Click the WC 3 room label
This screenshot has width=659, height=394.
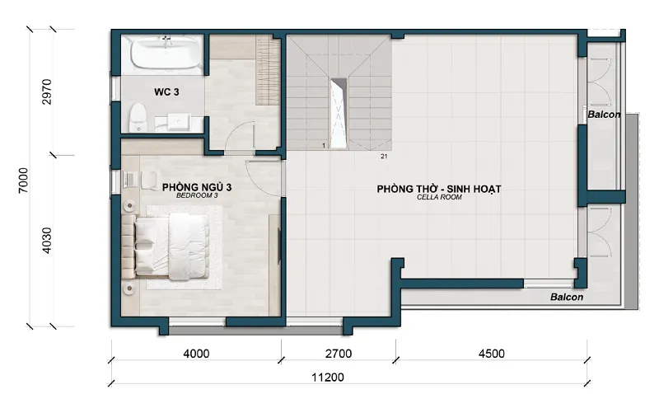(x=166, y=91)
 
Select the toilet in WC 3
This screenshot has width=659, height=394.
(x=138, y=118)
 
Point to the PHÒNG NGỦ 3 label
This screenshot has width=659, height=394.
(x=197, y=187)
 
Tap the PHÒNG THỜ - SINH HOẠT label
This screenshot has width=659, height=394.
(x=439, y=190)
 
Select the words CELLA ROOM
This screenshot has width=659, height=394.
(x=439, y=197)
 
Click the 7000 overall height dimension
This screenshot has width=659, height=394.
(x=24, y=180)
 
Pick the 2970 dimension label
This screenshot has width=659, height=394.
(x=47, y=91)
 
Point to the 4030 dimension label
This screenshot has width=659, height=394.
(x=47, y=240)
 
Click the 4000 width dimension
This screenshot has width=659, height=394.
(x=196, y=354)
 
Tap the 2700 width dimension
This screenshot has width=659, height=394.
(x=339, y=354)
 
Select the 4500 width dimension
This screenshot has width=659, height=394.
(x=491, y=354)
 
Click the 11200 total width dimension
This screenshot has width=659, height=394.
(x=328, y=378)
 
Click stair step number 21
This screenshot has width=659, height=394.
(x=384, y=157)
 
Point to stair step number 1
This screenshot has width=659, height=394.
(x=324, y=146)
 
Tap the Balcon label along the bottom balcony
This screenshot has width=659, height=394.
(x=567, y=298)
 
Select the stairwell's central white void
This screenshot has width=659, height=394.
(x=339, y=114)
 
